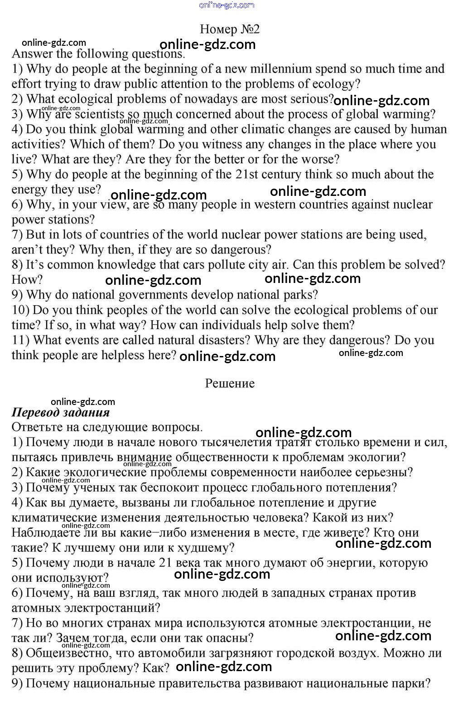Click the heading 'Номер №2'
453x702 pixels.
tap(230, 29)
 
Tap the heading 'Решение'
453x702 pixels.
tap(230, 384)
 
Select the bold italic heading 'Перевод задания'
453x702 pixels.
tap(61, 413)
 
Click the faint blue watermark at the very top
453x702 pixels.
tap(226, 5)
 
